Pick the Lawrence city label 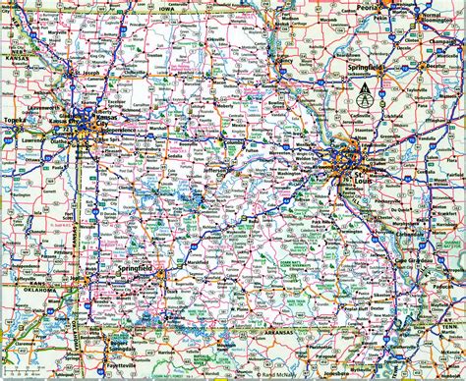tap(33, 140)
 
